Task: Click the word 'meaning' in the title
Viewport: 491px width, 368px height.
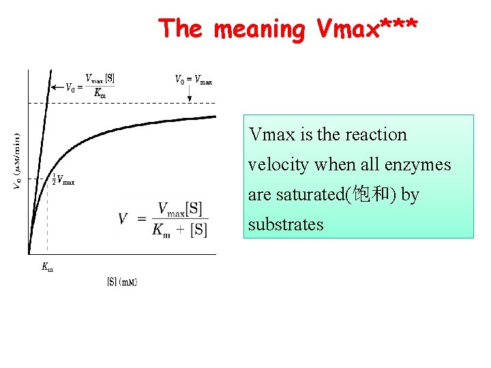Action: [x=259, y=29]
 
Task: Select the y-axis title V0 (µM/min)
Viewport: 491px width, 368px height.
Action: [x=18, y=161]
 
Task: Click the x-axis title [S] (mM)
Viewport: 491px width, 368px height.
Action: [x=123, y=281]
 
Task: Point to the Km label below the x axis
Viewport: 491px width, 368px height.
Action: [x=47, y=268]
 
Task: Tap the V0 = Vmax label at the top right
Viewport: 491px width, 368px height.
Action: [x=194, y=80]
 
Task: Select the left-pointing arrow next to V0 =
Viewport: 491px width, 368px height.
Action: [x=57, y=87]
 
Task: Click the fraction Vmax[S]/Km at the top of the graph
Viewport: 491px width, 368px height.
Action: [x=100, y=87]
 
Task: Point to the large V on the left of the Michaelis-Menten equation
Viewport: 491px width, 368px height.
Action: [x=123, y=219]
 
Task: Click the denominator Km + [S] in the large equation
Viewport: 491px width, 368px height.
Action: [x=181, y=230]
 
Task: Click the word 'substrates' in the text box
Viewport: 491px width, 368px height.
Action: [x=286, y=225]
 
